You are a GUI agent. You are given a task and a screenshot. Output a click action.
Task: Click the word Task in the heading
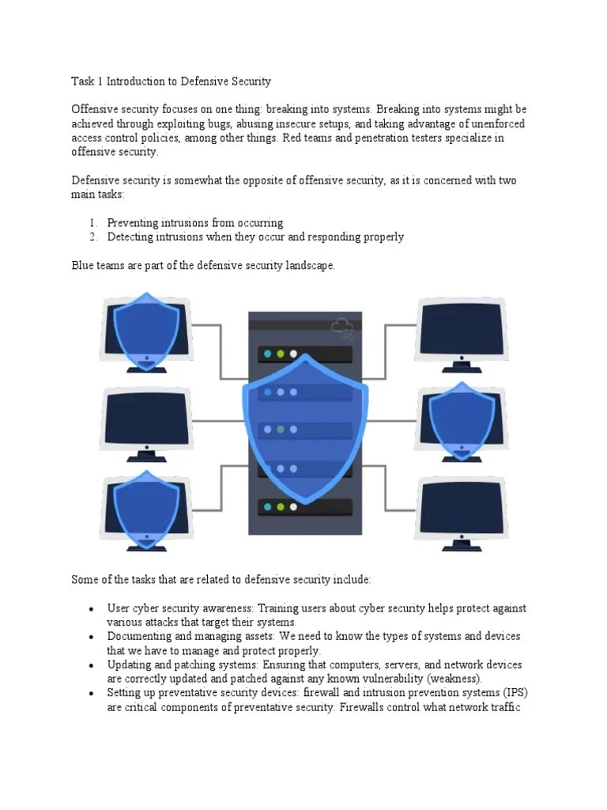(83, 81)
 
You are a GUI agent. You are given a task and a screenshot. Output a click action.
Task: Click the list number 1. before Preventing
(92, 223)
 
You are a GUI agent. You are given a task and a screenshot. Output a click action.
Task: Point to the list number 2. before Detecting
(92, 237)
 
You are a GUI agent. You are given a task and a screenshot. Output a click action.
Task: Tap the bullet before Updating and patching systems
(92, 665)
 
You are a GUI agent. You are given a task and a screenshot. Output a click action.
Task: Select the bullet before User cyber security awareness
(92, 609)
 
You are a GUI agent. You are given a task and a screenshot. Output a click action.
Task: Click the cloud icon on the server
(342, 327)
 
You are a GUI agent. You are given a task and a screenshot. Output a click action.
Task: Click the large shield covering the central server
(304, 427)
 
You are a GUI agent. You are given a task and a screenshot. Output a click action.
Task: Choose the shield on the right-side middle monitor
(462, 420)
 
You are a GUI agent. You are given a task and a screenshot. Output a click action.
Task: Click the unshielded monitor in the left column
(146, 418)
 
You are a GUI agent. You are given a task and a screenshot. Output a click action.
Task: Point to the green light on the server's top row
(280, 354)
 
